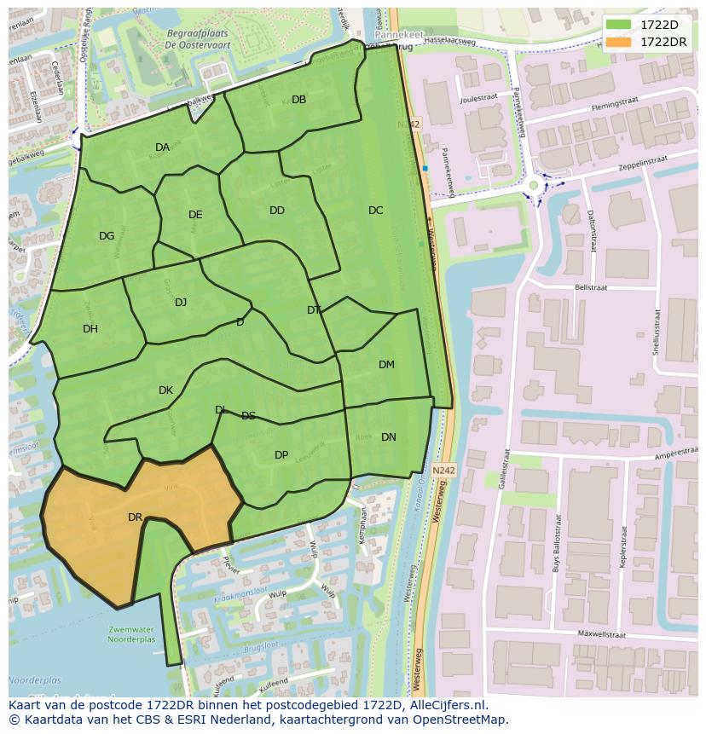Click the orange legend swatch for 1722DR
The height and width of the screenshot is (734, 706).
tap(620, 42)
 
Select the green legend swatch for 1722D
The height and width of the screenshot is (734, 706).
tap(620, 26)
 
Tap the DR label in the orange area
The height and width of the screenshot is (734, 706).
tap(135, 517)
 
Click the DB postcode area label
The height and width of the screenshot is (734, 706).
tap(298, 100)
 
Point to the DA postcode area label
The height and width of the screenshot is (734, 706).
tap(162, 147)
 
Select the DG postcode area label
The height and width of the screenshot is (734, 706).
tap(107, 236)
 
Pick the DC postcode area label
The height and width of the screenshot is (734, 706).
tap(375, 211)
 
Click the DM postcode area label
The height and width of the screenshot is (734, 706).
tap(386, 365)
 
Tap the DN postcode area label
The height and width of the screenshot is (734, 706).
tap(388, 437)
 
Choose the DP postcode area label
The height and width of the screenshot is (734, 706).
tap(281, 455)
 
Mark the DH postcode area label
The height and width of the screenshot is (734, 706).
tap(90, 329)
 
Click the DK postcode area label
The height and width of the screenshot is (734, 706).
tap(165, 390)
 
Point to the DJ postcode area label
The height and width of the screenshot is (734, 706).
tap(181, 303)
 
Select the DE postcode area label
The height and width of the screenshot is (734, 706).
tap(195, 215)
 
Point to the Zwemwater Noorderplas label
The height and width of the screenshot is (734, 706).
tap(133, 633)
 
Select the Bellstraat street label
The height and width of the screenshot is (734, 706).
tap(591, 288)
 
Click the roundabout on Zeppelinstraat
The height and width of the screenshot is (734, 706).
tap(534, 184)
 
